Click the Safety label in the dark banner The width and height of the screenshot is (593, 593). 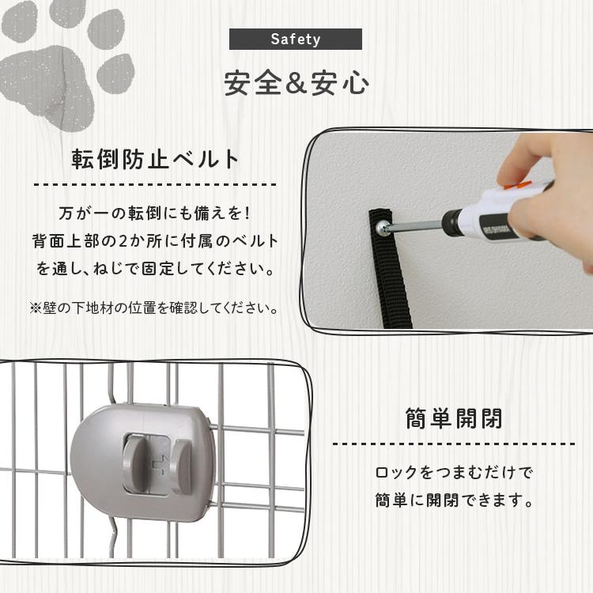(295, 39)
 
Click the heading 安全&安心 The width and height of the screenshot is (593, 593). (296, 84)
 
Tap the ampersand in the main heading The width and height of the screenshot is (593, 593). (296, 85)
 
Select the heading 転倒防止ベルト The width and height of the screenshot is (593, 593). (155, 160)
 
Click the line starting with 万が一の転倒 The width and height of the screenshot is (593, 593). (155, 213)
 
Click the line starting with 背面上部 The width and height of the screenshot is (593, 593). (155, 241)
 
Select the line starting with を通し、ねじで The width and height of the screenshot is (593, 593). (155, 269)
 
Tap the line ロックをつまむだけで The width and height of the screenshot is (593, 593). (454, 473)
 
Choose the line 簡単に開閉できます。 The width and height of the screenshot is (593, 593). (454, 500)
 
